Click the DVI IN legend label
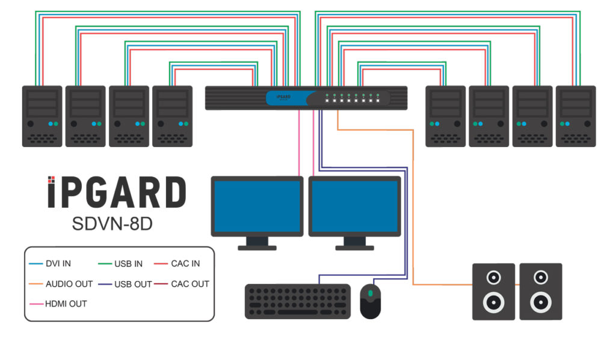(58, 264)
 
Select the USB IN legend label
(128, 264)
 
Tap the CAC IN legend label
(185, 264)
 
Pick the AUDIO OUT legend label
(69, 284)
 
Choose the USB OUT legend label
(133, 284)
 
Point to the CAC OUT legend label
(190, 284)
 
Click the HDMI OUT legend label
(66, 303)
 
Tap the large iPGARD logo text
(117, 193)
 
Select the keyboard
(298, 301)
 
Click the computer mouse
(370, 301)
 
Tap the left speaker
(493, 291)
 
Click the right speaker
(541, 291)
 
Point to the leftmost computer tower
(42, 116)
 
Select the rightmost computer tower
(576, 116)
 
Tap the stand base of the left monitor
(257, 247)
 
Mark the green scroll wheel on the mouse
(371, 293)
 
